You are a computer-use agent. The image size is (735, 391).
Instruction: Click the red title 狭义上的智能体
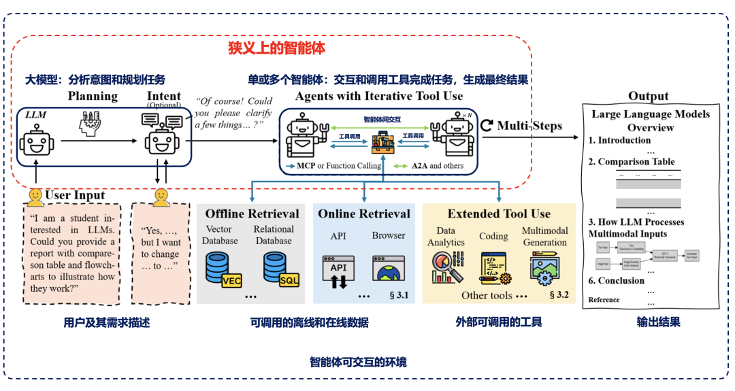pyautogui.click(x=276, y=48)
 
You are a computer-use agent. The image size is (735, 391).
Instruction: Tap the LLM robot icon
pyautogui.click(x=35, y=143)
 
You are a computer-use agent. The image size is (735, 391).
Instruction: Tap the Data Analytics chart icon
pyautogui.click(x=446, y=267)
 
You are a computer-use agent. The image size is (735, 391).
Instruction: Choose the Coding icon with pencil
pyautogui.click(x=494, y=267)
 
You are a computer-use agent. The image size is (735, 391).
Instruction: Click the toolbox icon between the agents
pyautogui.click(x=381, y=144)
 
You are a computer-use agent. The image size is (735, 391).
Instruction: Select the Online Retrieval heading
pyautogui.click(x=364, y=214)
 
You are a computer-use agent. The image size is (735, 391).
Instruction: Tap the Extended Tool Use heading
pyautogui.click(x=499, y=214)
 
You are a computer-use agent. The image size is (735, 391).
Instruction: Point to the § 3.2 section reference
pyautogui.click(x=559, y=294)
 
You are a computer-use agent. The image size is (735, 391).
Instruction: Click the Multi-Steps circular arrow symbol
pyautogui.click(x=487, y=125)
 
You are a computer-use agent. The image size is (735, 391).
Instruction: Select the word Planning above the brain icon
pyautogui.click(x=93, y=96)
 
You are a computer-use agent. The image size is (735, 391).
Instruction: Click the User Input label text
pyautogui.click(x=75, y=196)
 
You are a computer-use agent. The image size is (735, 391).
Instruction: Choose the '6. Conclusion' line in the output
pyautogui.click(x=617, y=280)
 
